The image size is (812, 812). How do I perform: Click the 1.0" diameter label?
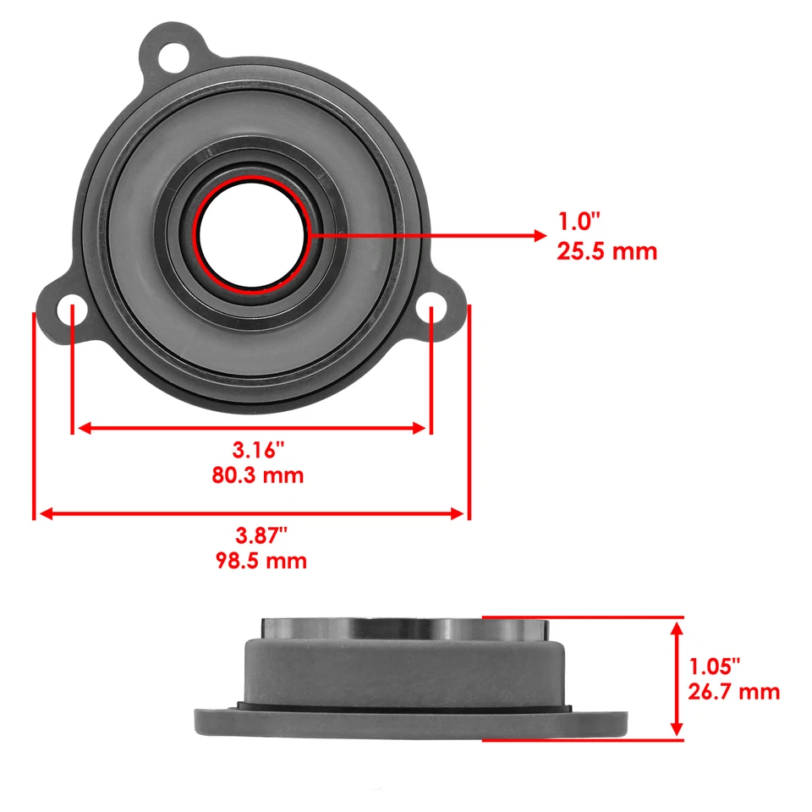click(x=578, y=222)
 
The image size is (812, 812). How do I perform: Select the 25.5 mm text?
click(x=606, y=251)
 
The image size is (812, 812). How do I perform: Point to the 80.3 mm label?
click(x=257, y=475)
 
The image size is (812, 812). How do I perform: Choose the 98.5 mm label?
click(x=259, y=561)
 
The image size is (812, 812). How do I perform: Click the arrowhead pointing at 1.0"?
click(x=539, y=235)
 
